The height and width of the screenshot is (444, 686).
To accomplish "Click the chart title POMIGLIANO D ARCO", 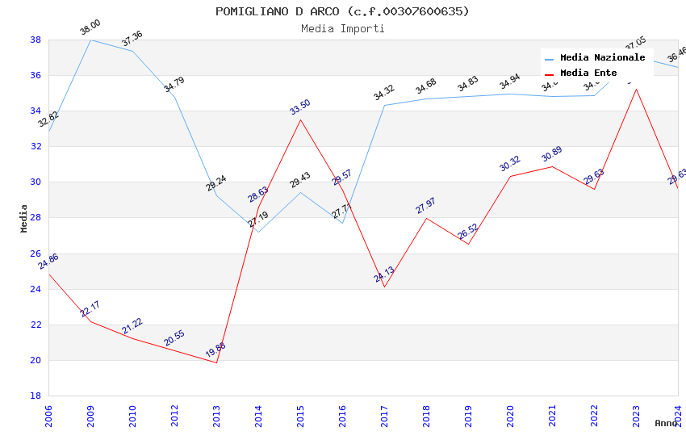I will click(342, 11).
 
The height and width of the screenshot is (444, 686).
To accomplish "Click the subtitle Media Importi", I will click(342, 28).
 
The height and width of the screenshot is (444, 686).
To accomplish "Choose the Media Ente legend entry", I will click(588, 73).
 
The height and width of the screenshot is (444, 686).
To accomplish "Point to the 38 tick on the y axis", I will click(36, 40).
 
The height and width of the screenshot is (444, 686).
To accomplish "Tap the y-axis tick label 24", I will click(36, 289).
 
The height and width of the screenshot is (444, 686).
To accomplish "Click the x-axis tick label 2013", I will click(216, 416).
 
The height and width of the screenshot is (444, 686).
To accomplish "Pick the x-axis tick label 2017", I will click(384, 416).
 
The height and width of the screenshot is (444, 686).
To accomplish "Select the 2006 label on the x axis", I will click(48, 416).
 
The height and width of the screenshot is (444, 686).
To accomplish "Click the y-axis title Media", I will click(24, 218).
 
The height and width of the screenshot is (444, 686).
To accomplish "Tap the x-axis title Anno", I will click(666, 423).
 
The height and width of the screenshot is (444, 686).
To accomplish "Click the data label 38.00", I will click(90, 29).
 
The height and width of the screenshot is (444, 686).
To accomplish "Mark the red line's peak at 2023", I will click(636, 89).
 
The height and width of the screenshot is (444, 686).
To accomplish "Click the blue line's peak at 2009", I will click(90, 40).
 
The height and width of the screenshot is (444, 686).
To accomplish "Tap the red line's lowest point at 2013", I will click(216, 362).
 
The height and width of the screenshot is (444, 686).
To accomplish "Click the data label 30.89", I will click(552, 154).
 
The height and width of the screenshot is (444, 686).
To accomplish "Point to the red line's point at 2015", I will click(300, 119).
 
